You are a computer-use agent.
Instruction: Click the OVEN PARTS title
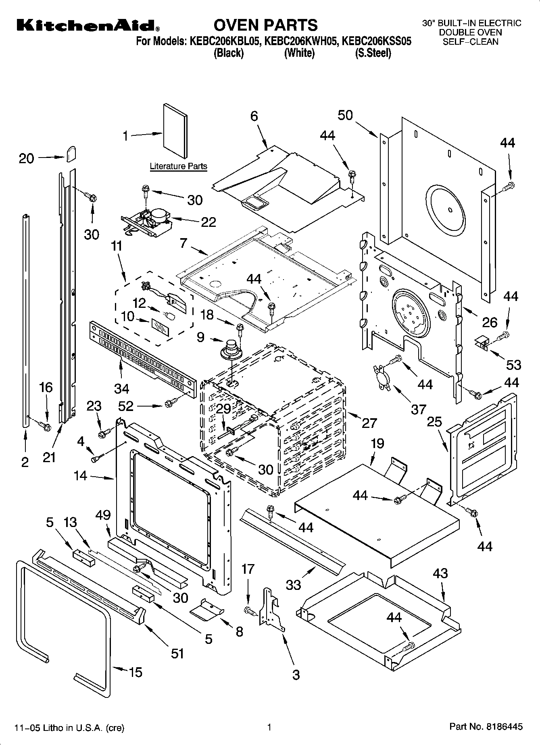[265, 25]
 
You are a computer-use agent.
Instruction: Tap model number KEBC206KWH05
[300, 41]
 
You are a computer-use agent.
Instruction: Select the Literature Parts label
[178, 166]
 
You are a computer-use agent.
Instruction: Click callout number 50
[345, 115]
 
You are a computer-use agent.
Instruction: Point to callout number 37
[418, 409]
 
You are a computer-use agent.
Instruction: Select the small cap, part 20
[71, 154]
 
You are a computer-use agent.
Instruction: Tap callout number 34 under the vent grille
[121, 388]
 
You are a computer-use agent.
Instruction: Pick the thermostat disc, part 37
[383, 376]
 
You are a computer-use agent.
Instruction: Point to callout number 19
[377, 444]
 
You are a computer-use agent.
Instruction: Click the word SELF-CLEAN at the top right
[470, 41]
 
